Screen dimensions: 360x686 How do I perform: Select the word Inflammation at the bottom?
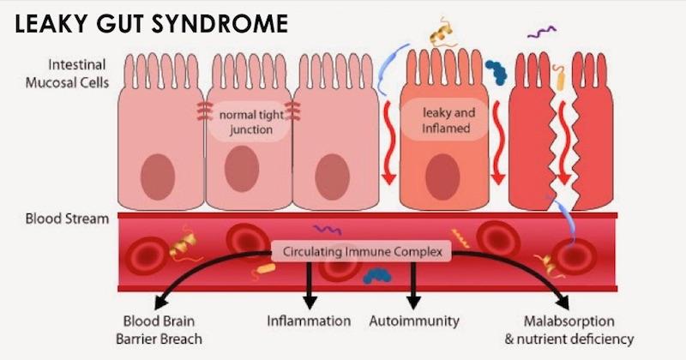(309, 321)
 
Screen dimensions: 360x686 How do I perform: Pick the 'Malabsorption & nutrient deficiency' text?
(569, 330)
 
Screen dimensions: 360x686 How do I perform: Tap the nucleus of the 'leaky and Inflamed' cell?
(444, 171)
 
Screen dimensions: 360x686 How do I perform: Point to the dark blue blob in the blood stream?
(375, 275)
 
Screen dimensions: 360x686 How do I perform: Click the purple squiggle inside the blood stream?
(327, 230)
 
